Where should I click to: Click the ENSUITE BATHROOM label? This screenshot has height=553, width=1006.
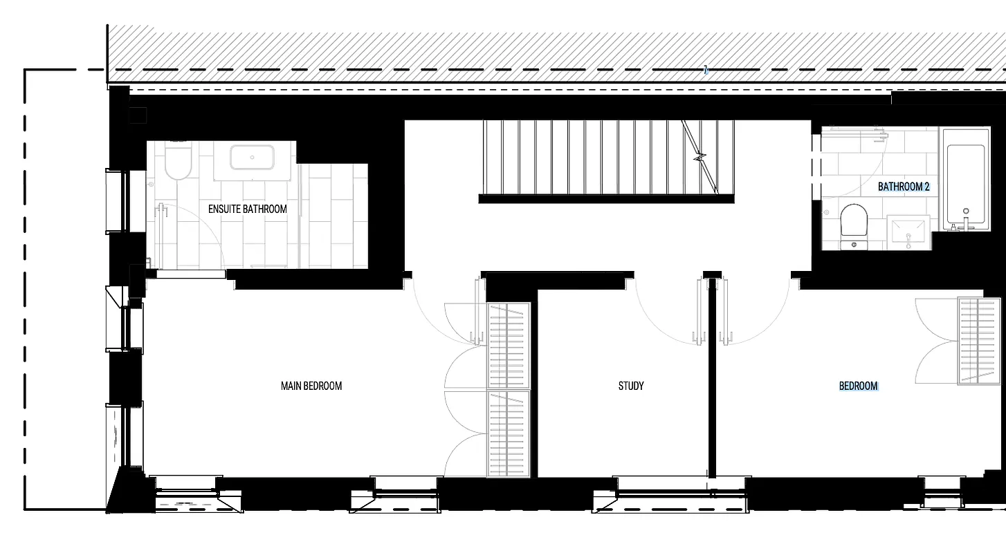[x=247, y=209]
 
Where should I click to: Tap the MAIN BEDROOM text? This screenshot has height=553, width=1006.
[x=311, y=386]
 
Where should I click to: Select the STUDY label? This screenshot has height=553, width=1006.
[x=631, y=386]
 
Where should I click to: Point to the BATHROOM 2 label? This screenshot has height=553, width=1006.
[x=904, y=187]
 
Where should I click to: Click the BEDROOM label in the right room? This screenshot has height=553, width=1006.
[x=858, y=386]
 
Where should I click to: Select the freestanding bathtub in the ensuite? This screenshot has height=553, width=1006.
[x=253, y=158]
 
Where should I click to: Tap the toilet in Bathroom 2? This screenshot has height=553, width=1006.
[x=853, y=221]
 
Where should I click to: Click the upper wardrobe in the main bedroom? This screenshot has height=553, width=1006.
[x=509, y=345]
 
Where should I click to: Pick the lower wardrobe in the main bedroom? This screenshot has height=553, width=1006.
[x=509, y=433]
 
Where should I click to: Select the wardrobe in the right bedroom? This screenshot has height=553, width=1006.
[x=978, y=341]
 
